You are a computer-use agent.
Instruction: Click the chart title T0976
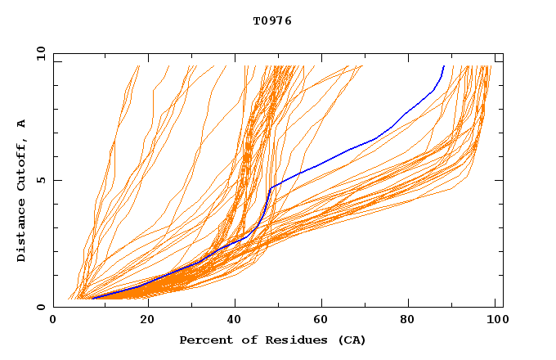272,21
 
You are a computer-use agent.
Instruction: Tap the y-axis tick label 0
40,307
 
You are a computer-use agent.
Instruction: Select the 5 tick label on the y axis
40,180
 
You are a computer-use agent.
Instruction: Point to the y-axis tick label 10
38,53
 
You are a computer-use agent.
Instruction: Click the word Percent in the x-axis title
203,340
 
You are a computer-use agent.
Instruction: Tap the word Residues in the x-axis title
289,340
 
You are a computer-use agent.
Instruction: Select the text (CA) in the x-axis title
352,340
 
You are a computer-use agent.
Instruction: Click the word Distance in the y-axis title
22,232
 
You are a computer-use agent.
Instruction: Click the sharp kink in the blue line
271,188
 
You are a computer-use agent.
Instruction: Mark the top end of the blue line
444,65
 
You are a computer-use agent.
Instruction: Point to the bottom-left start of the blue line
93,298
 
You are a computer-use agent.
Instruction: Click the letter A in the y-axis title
22,124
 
